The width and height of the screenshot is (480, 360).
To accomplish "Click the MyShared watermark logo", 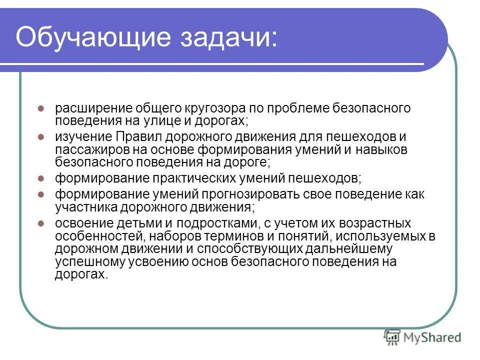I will coord(422,337).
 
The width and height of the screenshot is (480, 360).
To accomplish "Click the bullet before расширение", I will coord(42,108).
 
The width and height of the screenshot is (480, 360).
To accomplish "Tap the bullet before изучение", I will coord(42,136).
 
